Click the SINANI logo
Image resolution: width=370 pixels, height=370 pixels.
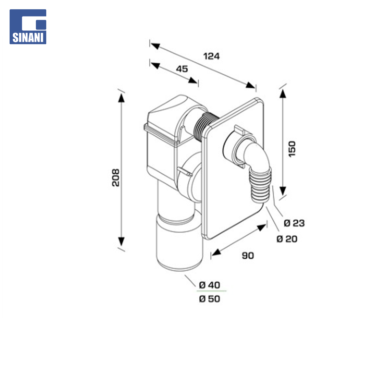pos(28,27)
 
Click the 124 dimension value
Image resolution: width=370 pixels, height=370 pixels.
pos(211,56)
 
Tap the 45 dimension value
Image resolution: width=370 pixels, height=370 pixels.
pos(182,69)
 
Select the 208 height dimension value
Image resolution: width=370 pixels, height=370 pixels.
pos(116,177)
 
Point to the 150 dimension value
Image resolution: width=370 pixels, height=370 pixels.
pos(292,149)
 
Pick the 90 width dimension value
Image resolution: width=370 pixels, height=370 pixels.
pos(248,255)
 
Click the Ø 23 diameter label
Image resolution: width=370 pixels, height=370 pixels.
pos(294,223)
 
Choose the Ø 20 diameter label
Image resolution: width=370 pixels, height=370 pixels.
pos(287,239)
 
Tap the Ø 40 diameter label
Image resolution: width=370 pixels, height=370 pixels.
pos(210,285)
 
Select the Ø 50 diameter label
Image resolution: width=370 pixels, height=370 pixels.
pos(210,299)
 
